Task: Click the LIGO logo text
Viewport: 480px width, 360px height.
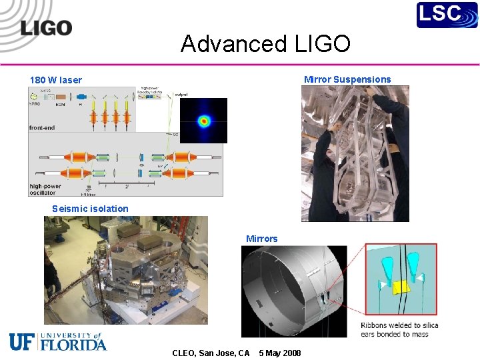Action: coord(46,28)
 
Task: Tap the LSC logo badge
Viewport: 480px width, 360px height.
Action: coord(447,15)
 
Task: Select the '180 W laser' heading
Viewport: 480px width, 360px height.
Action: coord(56,80)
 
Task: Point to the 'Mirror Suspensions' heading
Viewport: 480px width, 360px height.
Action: coord(347,79)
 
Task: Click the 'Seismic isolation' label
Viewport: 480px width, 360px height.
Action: coord(90,209)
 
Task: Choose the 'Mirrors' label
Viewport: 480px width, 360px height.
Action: coord(262,239)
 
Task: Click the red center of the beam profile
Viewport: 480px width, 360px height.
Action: coord(204,121)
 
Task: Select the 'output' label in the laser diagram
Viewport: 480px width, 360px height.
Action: coord(181,95)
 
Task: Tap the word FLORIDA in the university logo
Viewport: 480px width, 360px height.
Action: coord(73,345)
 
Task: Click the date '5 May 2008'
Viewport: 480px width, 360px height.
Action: coord(279,353)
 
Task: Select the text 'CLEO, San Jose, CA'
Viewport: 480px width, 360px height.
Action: coord(211,353)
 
